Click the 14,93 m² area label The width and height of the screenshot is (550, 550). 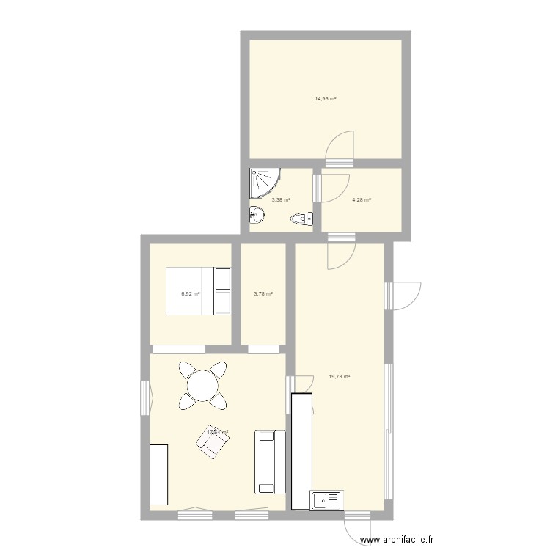click(x=325, y=98)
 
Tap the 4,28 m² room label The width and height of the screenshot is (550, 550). click(x=361, y=199)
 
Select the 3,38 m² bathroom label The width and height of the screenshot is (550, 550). click(x=280, y=199)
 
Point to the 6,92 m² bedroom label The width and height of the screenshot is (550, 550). click(x=191, y=293)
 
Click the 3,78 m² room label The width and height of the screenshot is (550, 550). click(x=263, y=293)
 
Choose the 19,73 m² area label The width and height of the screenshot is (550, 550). click(x=340, y=376)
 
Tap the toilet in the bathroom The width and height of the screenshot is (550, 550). click(x=302, y=218)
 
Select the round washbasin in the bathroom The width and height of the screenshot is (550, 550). click(x=256, y=216)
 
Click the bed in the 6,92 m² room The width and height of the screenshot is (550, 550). click(x=199, y=291)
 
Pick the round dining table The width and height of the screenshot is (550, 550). click(x=202, y=384)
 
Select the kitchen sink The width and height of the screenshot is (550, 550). click(x=326, y=500)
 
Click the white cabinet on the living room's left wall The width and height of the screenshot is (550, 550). click(x=159, y=474)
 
